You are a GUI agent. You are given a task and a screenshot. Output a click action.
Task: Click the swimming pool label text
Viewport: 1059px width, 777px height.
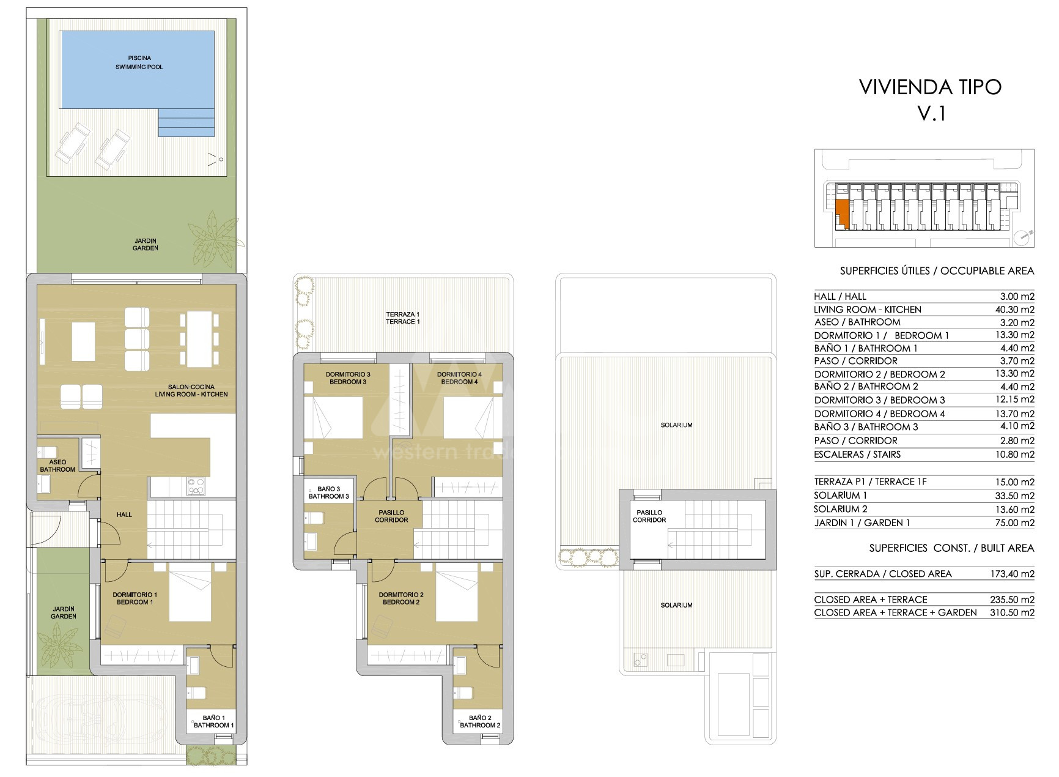[139, 62]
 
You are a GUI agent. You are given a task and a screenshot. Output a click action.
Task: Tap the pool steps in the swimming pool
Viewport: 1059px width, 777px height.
[186, 122]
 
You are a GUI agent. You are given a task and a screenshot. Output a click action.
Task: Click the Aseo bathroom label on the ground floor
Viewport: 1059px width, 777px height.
[57, 466]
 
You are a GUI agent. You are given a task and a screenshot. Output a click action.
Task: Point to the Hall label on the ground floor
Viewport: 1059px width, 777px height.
[124, 515]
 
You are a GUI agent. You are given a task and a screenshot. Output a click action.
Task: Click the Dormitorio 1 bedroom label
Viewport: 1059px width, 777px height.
[135, 598]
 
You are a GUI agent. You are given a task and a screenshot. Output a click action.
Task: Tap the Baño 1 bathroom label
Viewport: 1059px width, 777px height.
[214, 721]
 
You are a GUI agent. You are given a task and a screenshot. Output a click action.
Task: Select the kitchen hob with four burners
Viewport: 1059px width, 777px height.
[196, 486]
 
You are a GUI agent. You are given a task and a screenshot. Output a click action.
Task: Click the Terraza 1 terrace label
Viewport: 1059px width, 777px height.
[403, 318]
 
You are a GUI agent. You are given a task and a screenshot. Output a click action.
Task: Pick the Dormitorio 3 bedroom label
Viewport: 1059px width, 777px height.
[348, 378]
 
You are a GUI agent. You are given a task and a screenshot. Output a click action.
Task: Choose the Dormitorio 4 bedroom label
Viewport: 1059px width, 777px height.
[459, 378]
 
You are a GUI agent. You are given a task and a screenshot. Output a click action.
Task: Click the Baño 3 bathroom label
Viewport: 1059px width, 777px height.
[329, 493]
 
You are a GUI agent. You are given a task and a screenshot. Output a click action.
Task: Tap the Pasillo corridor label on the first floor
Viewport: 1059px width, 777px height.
[391, 516]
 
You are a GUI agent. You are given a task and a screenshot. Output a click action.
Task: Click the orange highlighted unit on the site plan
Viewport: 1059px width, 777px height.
[843, 214]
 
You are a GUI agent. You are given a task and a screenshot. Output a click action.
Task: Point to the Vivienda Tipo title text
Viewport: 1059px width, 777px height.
[931, 100]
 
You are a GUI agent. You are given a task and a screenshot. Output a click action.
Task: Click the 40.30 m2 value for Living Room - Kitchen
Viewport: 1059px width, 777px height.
[1015, 310]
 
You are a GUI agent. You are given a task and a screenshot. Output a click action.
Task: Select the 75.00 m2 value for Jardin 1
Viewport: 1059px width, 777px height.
[1015, 522]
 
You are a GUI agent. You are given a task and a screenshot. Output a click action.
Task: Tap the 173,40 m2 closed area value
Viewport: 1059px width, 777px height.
[1013, 574]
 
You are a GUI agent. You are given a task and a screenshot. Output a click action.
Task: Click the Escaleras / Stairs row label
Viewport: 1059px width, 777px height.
[857, 455]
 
